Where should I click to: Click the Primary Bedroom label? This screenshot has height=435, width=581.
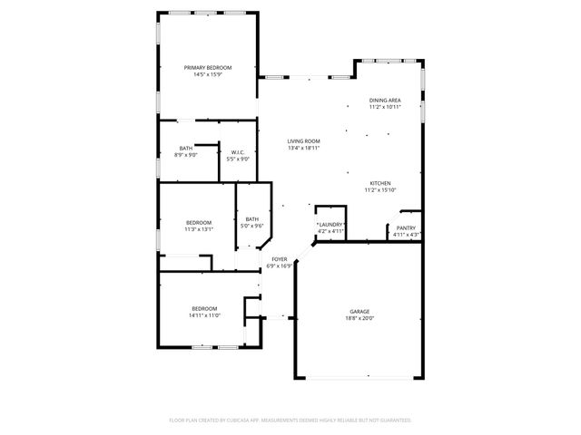coord(208,68)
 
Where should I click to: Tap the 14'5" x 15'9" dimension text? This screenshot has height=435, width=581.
coord(208,74)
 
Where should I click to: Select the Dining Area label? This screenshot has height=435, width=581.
coord(385,101)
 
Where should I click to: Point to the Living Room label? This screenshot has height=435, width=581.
coord(304,141)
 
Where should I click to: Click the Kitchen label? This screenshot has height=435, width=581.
coord(379,183)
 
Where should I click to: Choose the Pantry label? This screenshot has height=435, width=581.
coord(406,228)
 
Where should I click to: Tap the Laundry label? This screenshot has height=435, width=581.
coord(330,225)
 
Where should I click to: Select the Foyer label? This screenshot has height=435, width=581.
coord(280,259)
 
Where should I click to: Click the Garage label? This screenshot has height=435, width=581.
coord(359,312)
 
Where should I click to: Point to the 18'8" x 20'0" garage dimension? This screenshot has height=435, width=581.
coord(359,318)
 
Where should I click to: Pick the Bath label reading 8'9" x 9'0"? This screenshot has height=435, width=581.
coord(185,149)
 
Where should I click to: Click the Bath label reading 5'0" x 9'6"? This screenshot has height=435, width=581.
coord(251,218)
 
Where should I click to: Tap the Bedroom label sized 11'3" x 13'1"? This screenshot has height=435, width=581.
coord(199,223)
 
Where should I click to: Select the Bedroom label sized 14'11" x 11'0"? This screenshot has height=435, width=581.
coord(204,309)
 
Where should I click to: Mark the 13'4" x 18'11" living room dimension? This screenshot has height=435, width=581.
coord(304,148)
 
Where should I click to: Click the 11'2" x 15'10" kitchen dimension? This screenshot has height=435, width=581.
coord(379,190)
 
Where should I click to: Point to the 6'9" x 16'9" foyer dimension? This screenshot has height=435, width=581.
coord(280,266)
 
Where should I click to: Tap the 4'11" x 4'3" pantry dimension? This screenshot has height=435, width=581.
coord(406,235)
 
